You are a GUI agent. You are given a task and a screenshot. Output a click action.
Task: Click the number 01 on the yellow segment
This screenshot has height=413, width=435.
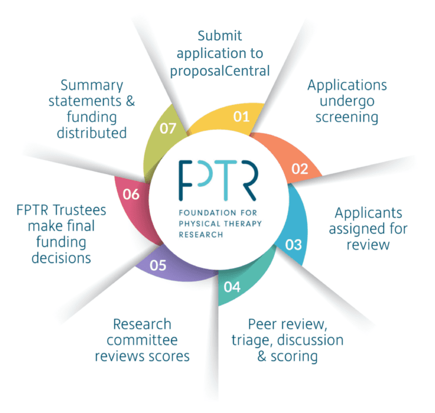[x=241, y=117]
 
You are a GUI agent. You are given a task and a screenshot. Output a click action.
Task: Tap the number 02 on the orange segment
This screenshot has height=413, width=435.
[x=299, y=169]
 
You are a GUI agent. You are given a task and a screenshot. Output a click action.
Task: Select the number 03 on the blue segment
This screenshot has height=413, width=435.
[x=293, y=245]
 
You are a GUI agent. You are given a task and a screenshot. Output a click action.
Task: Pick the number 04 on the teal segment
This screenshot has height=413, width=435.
[x=232, y=287]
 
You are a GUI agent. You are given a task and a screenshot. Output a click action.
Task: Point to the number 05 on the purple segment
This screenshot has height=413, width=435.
[x=158, y=266]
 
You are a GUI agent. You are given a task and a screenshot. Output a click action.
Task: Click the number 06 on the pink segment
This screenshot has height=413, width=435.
[x=131, y=195]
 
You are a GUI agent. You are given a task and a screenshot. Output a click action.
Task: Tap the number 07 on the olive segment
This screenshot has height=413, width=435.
[x=168, y=128]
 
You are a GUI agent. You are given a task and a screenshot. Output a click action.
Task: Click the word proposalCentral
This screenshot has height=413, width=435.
[x=220, y=71]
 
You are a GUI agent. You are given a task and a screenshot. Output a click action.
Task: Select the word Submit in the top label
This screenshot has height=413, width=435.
[x=220, y=36]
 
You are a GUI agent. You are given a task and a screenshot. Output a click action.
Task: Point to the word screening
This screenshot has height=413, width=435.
[x=347, y=117]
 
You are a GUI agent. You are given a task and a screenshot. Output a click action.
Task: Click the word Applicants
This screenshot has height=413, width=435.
[x=368, y=213]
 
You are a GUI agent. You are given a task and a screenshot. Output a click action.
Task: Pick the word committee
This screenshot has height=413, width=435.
[x=142, y=340]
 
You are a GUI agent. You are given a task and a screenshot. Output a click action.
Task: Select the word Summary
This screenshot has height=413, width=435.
[x=92, y=85]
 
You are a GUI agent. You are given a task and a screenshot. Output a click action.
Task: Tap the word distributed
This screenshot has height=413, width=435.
[x=92, y=133]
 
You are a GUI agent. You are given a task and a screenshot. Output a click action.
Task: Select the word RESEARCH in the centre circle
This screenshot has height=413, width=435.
[x=201, y=235]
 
